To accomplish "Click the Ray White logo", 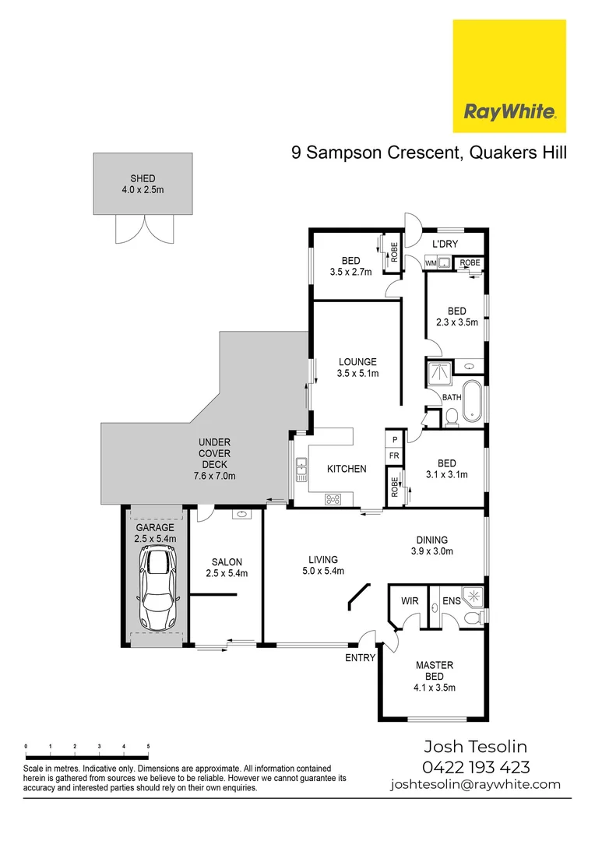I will coord(509,76).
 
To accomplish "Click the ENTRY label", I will coord(361,658).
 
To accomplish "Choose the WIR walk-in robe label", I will coord(410,601).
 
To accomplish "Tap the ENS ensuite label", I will coord(451,601).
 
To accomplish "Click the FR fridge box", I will coord(395,456).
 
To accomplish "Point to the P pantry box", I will coord(395,440).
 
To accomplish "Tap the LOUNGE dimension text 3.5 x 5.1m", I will coord(357,374).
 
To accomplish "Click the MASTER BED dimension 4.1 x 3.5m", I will coord(435,687).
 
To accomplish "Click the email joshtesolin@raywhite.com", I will coord(475,784).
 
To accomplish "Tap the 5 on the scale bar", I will coord(148,746).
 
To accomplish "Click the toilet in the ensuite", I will coord(470,618).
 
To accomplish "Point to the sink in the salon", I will coord(240,514).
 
